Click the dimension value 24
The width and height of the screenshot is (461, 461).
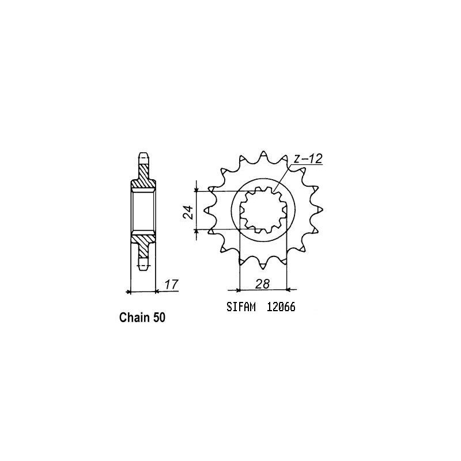coord(188,214)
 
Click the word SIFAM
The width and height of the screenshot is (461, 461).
coord(237,309)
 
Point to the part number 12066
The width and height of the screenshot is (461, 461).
coord(281,309)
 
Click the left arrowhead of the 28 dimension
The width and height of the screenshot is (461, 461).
coord(240,289)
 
